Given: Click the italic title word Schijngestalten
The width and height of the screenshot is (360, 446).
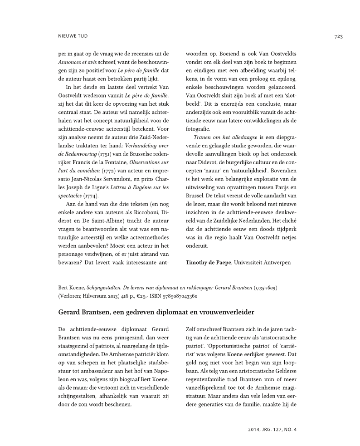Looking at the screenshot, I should pyautogui.click(x=100, y=288).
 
